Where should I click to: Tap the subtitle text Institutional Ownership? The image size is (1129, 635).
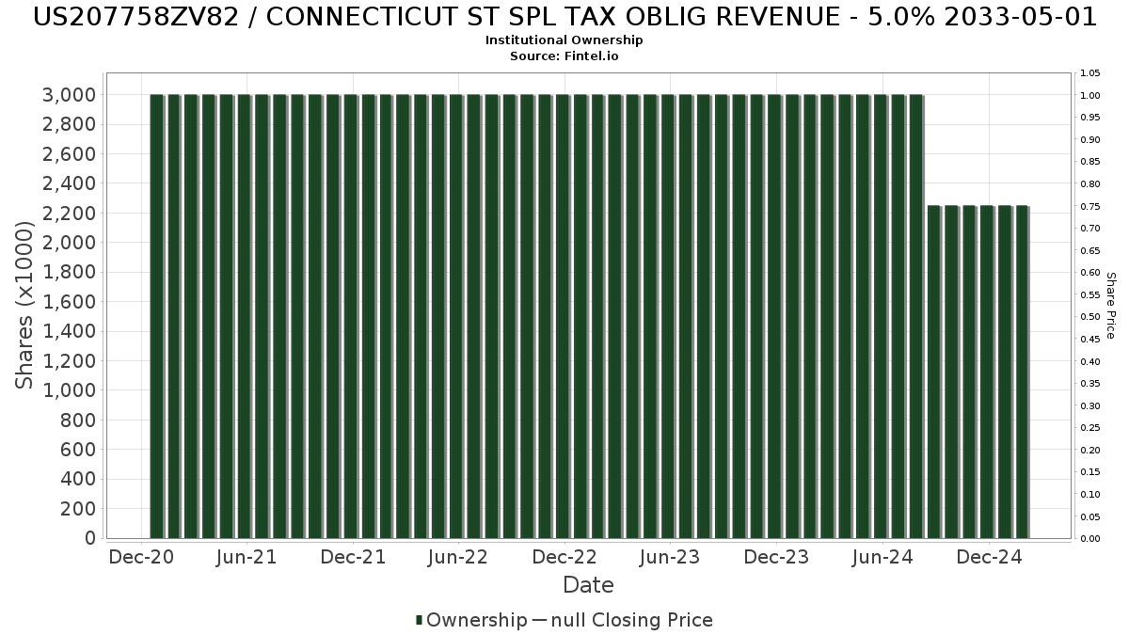click(564, 40)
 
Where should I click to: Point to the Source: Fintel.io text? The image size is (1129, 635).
click(564, 56)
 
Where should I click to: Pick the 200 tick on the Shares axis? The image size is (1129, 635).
click(78, 509)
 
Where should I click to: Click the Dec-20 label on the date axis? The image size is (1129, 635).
click(140, 558)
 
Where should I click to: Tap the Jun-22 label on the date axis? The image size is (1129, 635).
click(457, 558)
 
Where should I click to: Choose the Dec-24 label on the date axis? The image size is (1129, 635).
click(989, 558)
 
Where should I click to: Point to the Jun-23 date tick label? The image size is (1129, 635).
click(669, 558)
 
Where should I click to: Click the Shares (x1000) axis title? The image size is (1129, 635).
click(25, 305)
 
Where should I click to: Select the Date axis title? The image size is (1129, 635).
click(588, 585)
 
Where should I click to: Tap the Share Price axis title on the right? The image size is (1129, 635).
click(1110, 305)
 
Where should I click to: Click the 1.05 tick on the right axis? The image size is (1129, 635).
click(1090, 72)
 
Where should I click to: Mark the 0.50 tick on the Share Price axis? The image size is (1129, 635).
click(1090, 317)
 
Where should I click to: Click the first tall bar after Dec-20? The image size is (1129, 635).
click(157, 316)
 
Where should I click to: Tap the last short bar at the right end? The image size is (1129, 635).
click(1022, 372)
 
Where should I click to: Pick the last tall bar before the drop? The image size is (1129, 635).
click(915, 316)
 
